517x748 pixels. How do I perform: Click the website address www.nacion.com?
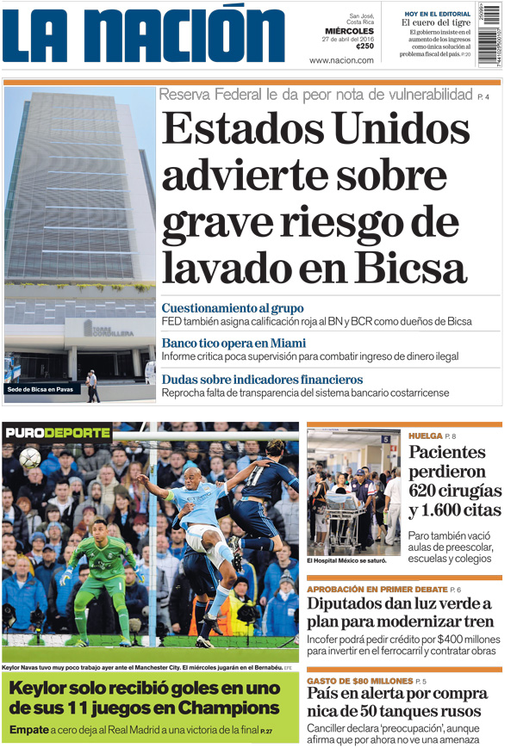[x=341, y=60]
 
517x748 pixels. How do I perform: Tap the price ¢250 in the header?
[x=364, y=46]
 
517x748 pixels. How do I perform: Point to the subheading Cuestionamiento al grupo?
[x=232, y=308]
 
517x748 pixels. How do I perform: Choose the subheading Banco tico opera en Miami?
[x=233, y=343]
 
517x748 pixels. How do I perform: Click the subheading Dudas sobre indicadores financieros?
[x=262, y=380]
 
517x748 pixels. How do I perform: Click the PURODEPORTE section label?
[x=58, y=432]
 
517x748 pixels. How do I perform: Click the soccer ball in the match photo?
[x=30, y=457]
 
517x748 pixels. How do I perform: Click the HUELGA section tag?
[x=425, y=436]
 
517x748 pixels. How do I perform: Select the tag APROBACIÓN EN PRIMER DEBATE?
[x=377, y=589]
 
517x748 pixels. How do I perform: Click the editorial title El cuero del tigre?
[x=435, y=23]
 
